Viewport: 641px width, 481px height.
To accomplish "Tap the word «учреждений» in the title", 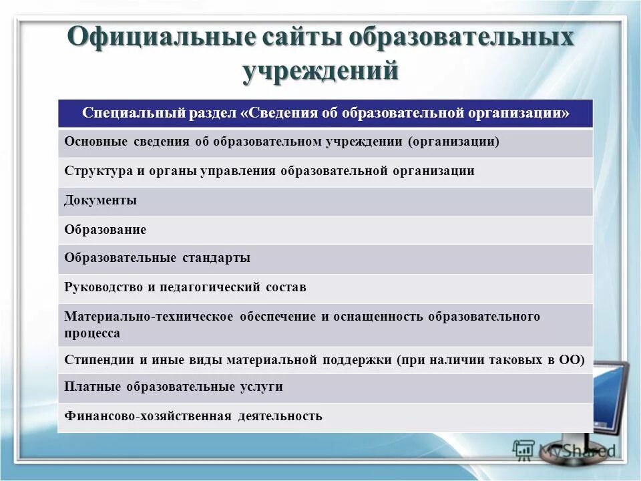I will (320, 70).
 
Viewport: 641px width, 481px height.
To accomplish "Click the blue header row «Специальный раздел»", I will (325, 113).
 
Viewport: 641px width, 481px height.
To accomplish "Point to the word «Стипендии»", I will (99, 359).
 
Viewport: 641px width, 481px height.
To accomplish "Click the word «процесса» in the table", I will (92, 333).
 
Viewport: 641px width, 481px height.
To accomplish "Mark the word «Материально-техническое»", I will (146, 317).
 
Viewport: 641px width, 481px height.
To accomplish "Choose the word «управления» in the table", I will (240, 171).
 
